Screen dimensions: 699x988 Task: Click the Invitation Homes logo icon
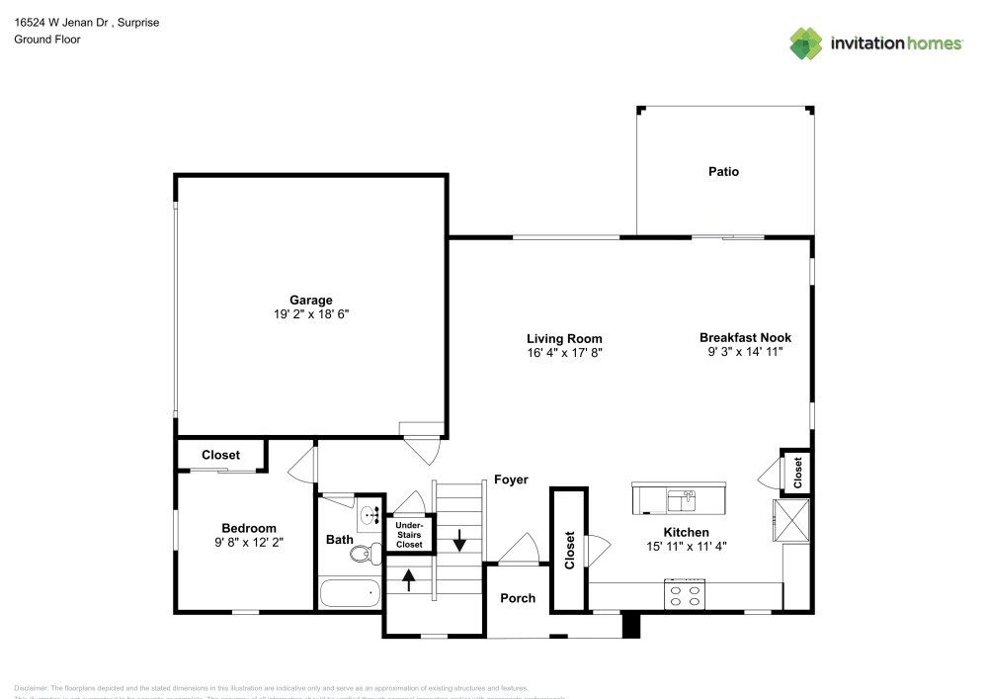point(805,43)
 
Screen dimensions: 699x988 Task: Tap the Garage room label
point(310,301)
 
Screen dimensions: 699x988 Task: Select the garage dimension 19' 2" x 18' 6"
point(310,314)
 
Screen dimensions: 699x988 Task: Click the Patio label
point(723,172)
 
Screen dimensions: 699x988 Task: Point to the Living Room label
point(564,338)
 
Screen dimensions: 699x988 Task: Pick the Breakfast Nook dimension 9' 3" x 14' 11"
point(745,351)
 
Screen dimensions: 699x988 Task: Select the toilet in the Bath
point(362,555)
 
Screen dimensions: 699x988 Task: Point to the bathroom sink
point(369,514)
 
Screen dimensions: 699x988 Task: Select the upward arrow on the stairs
point(409,578)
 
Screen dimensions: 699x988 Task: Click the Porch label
point(518,598)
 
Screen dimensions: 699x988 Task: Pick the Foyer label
point(511,480)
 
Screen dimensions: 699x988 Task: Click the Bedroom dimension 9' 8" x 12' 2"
point(249,542)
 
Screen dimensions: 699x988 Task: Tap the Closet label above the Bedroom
point(220,456)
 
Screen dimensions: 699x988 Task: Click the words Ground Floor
point(47,40)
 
